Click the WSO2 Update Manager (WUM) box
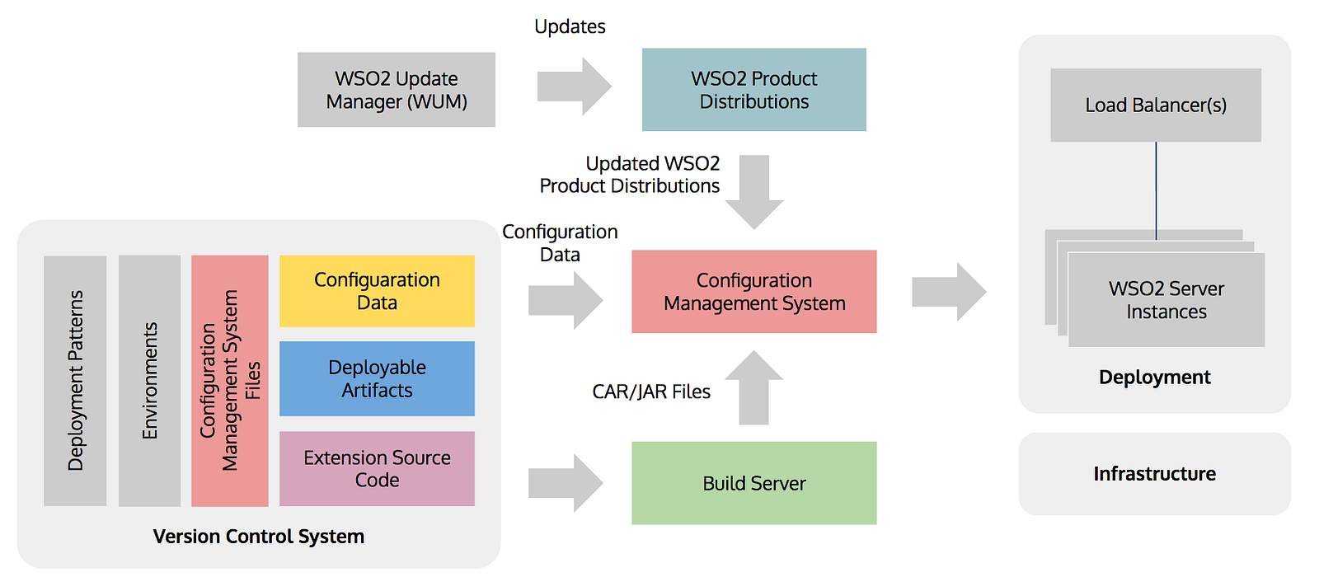(x=396, y=90)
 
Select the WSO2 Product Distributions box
(x=753, y=90)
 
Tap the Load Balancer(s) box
(x=1155, y=106)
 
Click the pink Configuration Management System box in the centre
(x=753, y=292)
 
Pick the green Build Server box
(x=753, y=483)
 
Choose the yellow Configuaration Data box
(x=377, y=291)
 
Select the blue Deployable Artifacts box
(x=377, y=378)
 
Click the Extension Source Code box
(x=377, y=468)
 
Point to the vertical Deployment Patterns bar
(x=75, y=380)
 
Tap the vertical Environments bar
(x=149, y=380)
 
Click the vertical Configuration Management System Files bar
(x=229, y=380)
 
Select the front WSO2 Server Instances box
(x=1166, y=300)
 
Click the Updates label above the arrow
(x=570, y=26)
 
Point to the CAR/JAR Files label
(x=651, y=392)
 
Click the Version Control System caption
(x=258, y=537)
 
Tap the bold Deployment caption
(x=1154, y=378)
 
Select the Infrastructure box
(x=1154, y=474)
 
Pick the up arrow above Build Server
(x=753, y=387)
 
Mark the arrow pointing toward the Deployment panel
(x=949, y=292)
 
